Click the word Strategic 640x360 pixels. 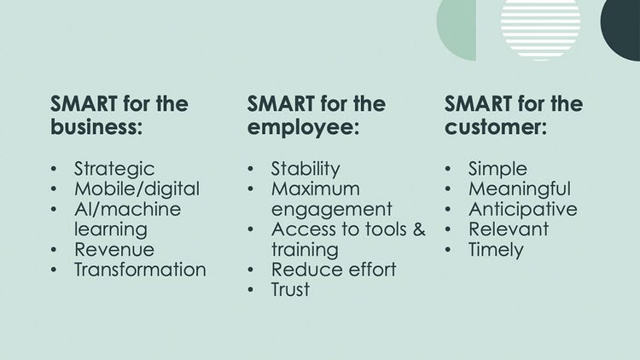114,170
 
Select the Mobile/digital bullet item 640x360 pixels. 137,189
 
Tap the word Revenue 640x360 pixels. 114,249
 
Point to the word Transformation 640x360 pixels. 140,270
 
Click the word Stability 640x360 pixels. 305,170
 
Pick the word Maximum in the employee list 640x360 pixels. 316,189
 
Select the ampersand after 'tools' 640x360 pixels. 419,229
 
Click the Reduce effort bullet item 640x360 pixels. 334,270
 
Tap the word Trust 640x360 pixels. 291,289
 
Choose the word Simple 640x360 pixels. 498,170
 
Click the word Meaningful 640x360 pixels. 520,189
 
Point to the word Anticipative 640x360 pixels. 523,209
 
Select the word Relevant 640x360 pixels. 509,229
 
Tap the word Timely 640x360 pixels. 496,250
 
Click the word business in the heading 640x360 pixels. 96,126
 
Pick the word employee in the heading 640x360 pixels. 303,127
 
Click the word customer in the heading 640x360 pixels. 496,127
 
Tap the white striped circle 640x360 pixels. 540,28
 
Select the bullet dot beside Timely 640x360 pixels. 448,249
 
